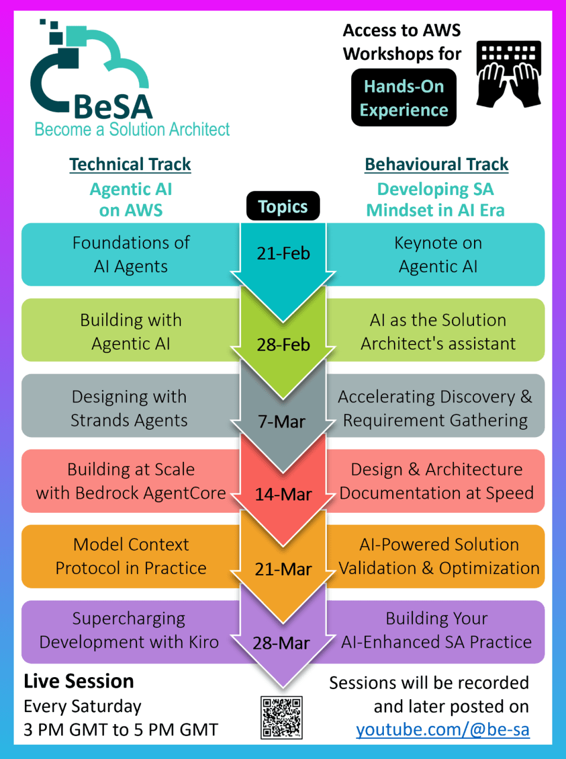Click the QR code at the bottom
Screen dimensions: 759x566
(281, 717)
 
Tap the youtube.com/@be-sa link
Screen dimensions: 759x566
(443, 729)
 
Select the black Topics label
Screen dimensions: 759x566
(283, 206)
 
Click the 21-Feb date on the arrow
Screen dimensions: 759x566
(283, 254)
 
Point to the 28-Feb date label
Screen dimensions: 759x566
(283, 345)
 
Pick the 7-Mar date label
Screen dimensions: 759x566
(282, 422)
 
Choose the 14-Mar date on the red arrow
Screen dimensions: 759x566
(283, 495)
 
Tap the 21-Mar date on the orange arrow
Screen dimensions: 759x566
(283, 570)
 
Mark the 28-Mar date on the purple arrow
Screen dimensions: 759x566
(281, 643)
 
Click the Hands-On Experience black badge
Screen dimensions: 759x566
(403, 98)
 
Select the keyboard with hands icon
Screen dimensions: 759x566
(508, 74)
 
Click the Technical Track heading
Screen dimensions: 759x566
(130, 164)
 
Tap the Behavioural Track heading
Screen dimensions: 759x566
(437, 164)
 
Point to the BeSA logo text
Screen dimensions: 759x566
(113, 107)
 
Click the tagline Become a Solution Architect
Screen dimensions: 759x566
(132, 129)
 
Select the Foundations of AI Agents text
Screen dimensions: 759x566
(131, 254)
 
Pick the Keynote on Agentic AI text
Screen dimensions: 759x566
(438, 254)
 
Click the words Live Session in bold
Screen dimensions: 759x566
(79, 681)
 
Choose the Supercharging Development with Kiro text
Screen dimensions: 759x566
(129, 630)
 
